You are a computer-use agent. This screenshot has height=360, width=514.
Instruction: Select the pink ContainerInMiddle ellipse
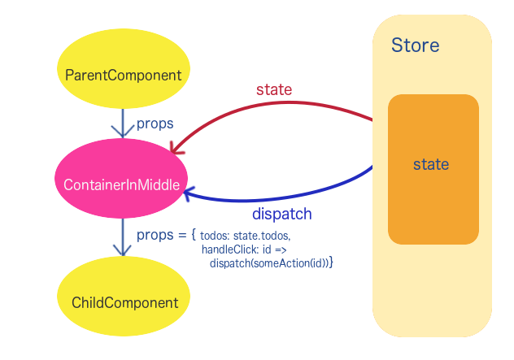click(x=122, y=184)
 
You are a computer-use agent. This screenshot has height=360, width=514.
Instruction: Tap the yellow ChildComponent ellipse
click(x=124, y=302)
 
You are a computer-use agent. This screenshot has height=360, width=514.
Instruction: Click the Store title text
click(x=415, y=45)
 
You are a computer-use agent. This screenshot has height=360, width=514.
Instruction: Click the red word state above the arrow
click(x=274, y=89)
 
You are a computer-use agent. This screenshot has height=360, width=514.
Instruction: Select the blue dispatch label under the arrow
click(x=282, y=215)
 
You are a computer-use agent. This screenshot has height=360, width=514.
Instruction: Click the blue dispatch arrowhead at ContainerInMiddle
click(x=189, y=193)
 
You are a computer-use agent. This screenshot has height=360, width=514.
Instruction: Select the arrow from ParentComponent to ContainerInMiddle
click(x=122, y=124)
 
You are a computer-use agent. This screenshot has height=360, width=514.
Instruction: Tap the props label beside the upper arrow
click(x=155, y=124)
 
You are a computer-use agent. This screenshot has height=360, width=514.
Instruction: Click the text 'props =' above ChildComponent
click(x=162, y=235)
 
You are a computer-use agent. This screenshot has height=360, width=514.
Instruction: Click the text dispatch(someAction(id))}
click(x=272, y=263)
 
